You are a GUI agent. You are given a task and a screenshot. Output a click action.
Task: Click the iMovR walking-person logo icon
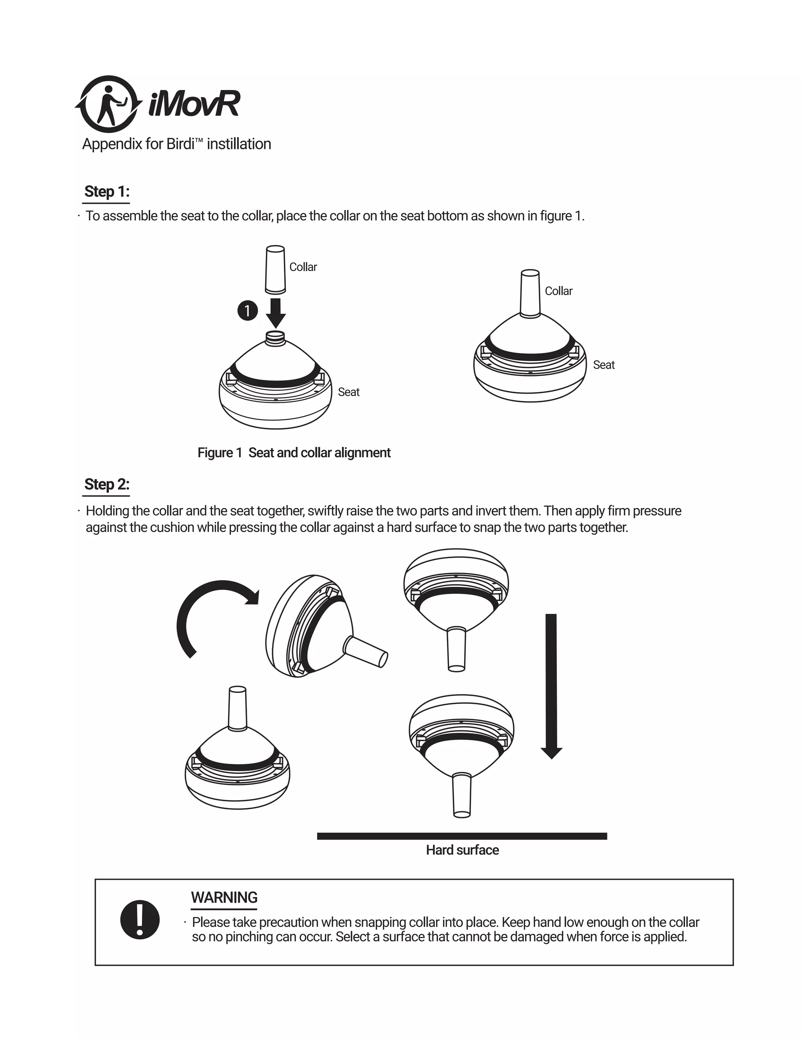pyautogui.click(x=109, y=104)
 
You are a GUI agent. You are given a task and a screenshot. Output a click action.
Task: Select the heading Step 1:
pyautogui.click(x=107, y=192)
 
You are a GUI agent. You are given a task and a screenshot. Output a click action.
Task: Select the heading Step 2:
pyautogui.click(x=107, y=484)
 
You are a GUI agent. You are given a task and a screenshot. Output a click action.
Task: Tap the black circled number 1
pyautogui.click(x=247, y=311)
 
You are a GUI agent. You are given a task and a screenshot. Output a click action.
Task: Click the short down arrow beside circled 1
pyautogui.click(x=275, y=312)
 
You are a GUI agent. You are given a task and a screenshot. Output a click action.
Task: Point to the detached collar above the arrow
pyautogui.click(x=275, y=269)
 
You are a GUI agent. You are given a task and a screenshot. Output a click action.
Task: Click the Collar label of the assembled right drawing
pyautogui.click(x=558, y=291)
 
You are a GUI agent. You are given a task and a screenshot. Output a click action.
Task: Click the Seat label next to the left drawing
pyautogui.click(x=348, y=392)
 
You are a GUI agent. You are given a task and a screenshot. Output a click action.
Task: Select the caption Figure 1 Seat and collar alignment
pyautogui.click(x=294, y=452)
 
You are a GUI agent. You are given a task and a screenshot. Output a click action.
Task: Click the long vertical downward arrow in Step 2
pyautogui.click(x=551, y=684)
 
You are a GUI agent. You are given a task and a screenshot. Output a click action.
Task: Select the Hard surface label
pyautogui.click(x=462, y=850)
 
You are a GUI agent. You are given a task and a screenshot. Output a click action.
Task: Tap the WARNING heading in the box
pyautogui.click(x=224, y=897)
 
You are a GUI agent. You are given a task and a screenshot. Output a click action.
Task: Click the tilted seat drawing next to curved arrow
pyautogui.click(x=314, y=628)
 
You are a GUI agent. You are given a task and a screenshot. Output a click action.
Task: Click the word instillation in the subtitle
pyautogui.click(x=239, y=144)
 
